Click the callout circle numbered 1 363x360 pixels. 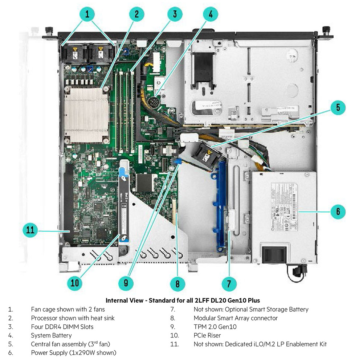point(87,15)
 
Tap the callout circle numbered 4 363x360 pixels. point(211,15)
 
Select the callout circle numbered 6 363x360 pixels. point(338,211)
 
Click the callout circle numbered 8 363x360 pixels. point(178,283)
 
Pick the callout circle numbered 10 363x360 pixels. point(75,283)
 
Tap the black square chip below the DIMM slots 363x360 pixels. point(145,183)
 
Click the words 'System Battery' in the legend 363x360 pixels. point(51,335)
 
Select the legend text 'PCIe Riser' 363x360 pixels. point(207,335)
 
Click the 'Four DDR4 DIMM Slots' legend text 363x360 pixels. point(62,327)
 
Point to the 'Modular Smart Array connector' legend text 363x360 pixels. point(236,318)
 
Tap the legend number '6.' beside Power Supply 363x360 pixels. point(11,353)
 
